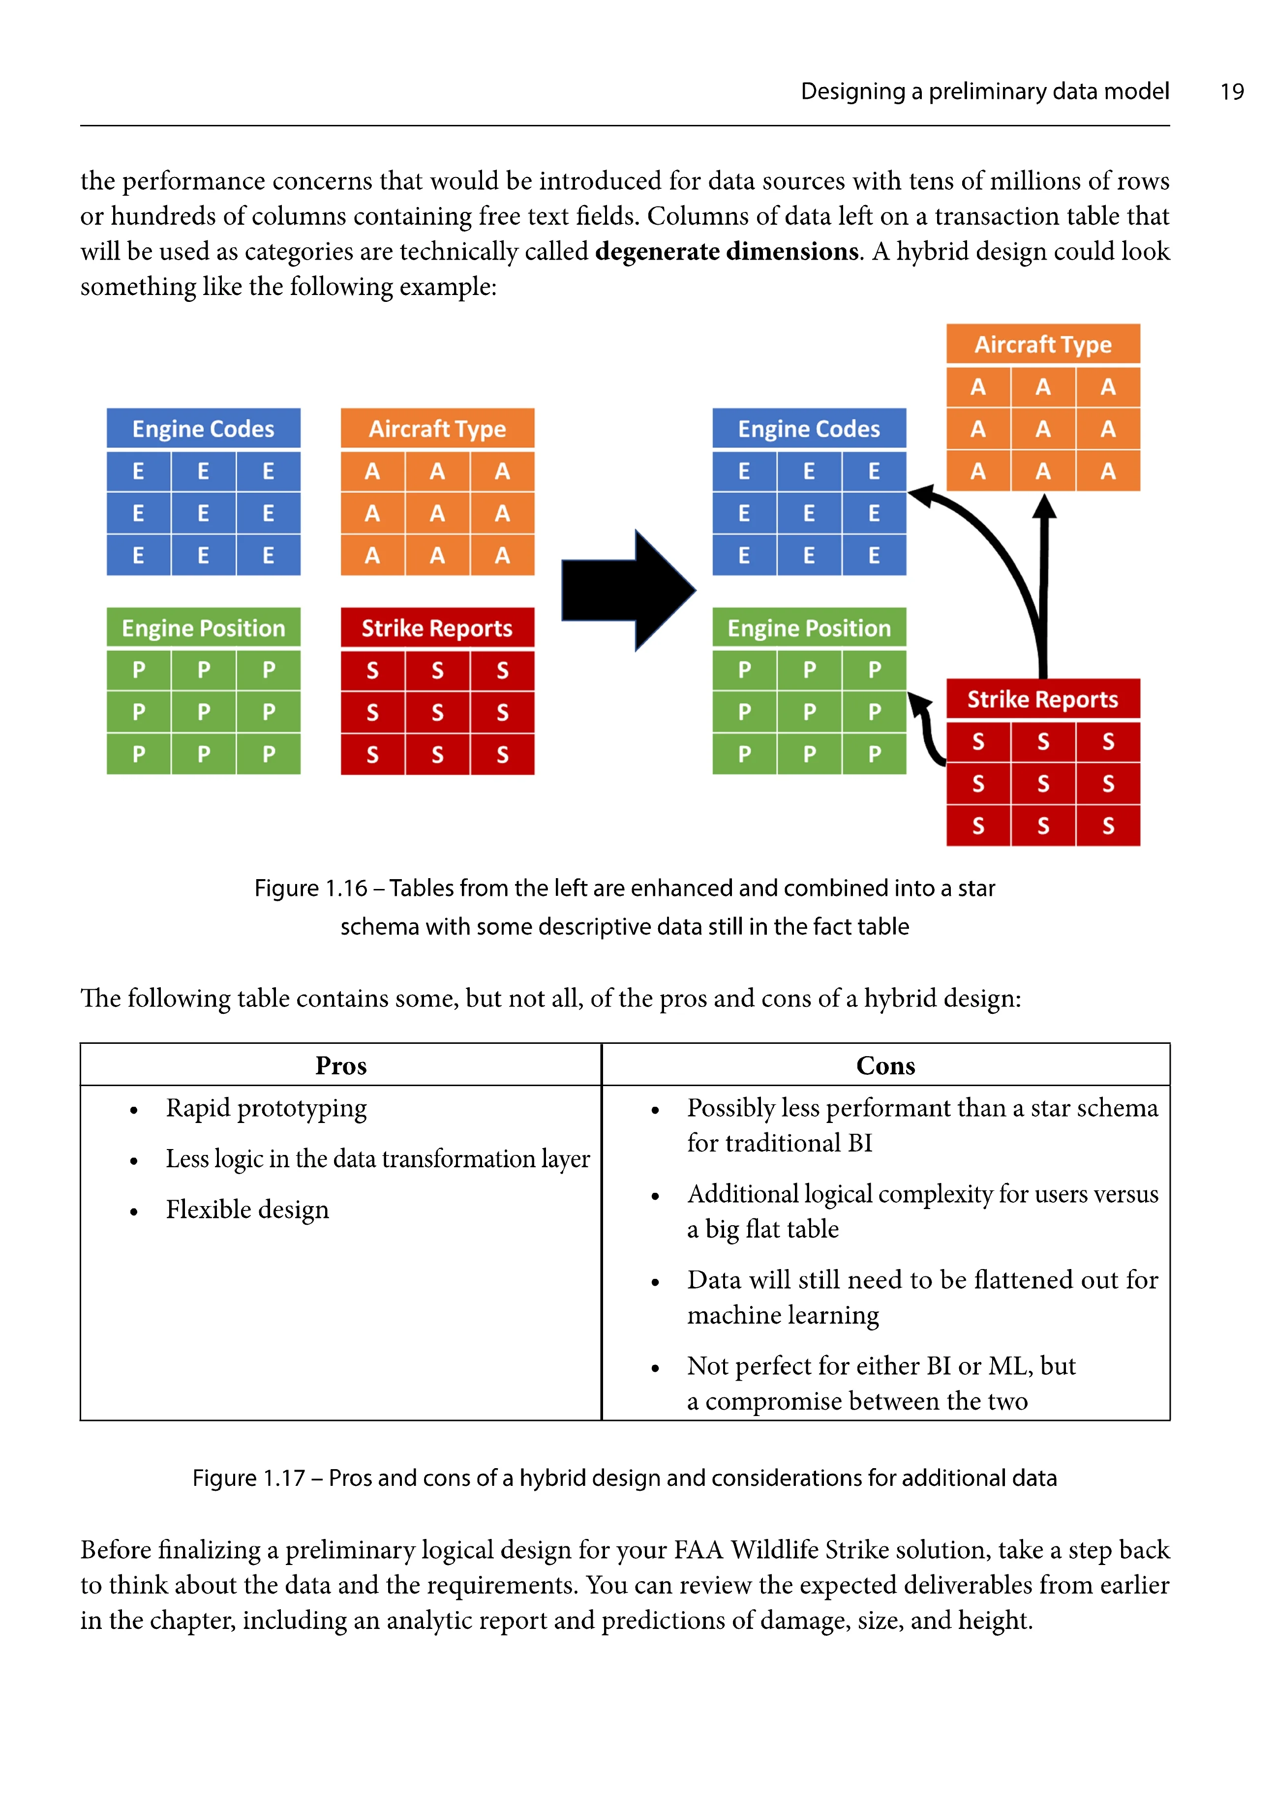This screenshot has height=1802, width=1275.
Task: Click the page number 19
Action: [1231, 92]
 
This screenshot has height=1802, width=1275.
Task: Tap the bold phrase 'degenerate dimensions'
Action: [726, 252]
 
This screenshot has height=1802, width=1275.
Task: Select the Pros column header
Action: [341, 1066]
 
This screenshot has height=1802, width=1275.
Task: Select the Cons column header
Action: [885, 1066]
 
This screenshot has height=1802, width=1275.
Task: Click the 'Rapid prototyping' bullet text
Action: [266, 1108]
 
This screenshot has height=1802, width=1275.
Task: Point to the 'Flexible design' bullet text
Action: [247, 1210]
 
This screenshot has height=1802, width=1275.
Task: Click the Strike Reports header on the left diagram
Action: [437, 628]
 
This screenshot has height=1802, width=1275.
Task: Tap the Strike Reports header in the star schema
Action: [1043, 699]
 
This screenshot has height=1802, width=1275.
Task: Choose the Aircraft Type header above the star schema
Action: [1043, 345]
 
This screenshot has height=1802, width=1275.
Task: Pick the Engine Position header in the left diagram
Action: [203, 628]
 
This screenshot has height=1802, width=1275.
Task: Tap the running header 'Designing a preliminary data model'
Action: [984, 92]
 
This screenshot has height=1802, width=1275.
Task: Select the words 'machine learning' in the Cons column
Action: [783, 1315]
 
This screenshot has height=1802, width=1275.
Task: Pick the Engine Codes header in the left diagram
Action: [203, 429]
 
